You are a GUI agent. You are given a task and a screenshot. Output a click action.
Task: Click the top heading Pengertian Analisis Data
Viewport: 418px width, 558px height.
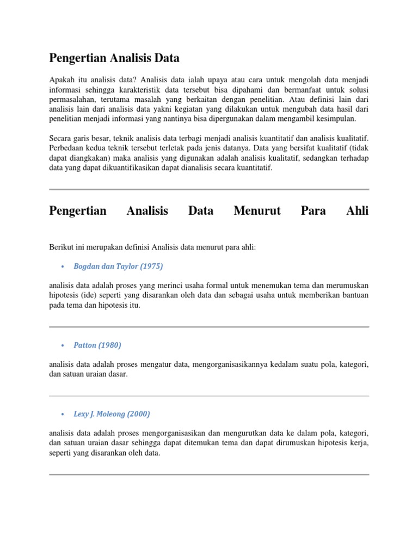pos(114,57)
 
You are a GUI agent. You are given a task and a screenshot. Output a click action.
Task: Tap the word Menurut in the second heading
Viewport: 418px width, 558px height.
pos(257,210)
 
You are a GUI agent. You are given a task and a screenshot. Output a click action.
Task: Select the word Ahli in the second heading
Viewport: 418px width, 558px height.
pos(357,210)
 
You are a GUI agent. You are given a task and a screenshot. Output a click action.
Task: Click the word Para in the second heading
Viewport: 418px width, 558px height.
pos(313,210)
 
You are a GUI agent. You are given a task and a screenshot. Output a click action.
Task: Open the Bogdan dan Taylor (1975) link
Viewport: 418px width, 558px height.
pos(118,266)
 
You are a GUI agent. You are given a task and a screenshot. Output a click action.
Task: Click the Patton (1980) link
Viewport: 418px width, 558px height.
pos(97,345)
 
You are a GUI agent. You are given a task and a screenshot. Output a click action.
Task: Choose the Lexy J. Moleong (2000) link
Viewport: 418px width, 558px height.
pos(112,414)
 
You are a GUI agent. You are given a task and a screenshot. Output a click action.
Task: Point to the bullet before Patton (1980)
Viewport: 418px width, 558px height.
pos(63,345)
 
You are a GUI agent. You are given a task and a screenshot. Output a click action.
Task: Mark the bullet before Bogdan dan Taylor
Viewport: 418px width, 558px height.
pos(63,266)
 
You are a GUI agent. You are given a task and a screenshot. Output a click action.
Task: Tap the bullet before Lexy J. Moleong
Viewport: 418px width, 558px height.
pos(63,414)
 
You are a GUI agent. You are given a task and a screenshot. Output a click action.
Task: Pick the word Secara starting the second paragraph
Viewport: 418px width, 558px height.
pos(61,138)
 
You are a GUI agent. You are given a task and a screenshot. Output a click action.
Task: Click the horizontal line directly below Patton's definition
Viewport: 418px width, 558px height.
pos(209,396)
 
